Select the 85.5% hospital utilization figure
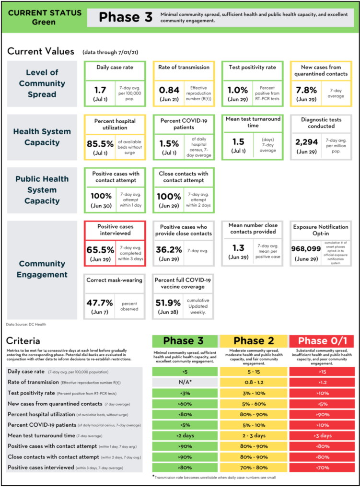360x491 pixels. pyautogui.click(x=100, y=143)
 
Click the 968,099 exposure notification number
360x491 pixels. pyautogui.click(x=306, y=248)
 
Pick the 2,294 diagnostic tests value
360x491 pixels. pyautogui.click(x=307, y=142)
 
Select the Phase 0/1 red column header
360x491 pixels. pyautogui.click(x=322, y=341)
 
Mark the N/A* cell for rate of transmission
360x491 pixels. pyautogui.click(x=185, y=382)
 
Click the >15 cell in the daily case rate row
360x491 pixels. pyautogui.click(x=322, y=372)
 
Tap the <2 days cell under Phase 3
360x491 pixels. pyautogui.click(x=185, y=435)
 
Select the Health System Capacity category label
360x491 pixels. pyautogui.click(x=42, y=137)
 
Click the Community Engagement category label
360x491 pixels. pyautogui.click(x=42, y=269)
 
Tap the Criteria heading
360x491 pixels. pyautogui.click(x=23, y=341)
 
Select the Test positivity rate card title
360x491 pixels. pyautogui.click(x=252, y=68)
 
